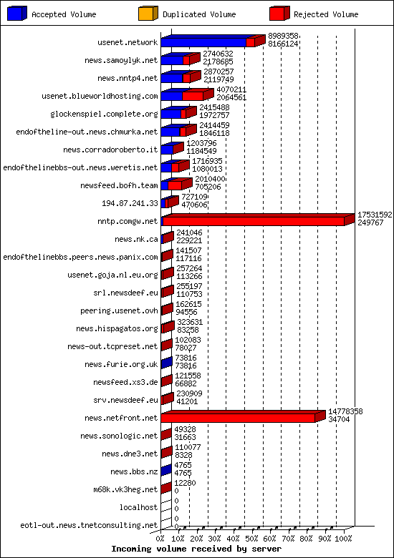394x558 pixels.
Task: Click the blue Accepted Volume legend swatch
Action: tap(18, 14)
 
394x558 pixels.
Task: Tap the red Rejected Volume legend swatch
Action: tap(279, 14)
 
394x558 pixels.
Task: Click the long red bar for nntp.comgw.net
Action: tap(254, 221)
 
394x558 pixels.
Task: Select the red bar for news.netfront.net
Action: tap(238, 418)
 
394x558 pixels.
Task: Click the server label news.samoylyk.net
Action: tap(128, 60)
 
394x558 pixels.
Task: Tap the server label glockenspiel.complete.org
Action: tap(104, 114)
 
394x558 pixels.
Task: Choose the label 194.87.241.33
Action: tap(130, 203)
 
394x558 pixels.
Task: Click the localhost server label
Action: tap(139, 507)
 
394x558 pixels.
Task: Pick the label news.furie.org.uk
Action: tap(121, 364)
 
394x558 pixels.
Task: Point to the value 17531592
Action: tap(375, 214)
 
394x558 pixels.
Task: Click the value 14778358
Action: tap(345, 411)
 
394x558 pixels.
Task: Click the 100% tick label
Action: tap(344, 539)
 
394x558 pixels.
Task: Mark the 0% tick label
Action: tap(160, 539)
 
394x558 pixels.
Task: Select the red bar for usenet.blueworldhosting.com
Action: tap(193, 96)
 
